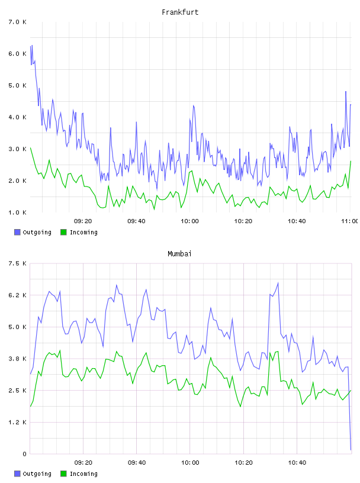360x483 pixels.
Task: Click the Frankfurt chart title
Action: point(180,12)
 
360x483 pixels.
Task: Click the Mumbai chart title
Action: point(179,253)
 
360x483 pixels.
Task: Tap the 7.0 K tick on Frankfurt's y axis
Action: point(17,22)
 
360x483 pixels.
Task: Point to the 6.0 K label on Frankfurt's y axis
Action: point(17,54)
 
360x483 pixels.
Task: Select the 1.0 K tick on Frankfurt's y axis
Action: point(17,212)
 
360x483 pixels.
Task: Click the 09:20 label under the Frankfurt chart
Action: point(83,221)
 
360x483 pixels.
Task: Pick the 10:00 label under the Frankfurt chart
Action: point(190,221)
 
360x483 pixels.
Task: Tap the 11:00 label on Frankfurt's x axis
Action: point(350,221)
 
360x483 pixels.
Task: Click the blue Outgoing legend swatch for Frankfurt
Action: point(17,232)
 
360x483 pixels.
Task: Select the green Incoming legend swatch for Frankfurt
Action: point(63,232)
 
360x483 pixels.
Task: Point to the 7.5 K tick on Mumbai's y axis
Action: point(17,263)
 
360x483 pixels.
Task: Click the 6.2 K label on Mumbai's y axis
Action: point(17,295)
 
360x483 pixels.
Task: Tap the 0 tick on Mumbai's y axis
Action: point(24,454)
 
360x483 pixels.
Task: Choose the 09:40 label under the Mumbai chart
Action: point(137,462)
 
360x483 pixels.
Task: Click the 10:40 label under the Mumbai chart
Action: point(297,462)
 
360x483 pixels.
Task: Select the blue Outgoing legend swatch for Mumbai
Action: point(17,474)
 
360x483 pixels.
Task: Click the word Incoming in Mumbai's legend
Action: point(83,474)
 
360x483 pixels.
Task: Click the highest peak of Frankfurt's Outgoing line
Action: point(32,45)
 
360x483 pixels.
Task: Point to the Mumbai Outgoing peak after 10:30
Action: point(278,283)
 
